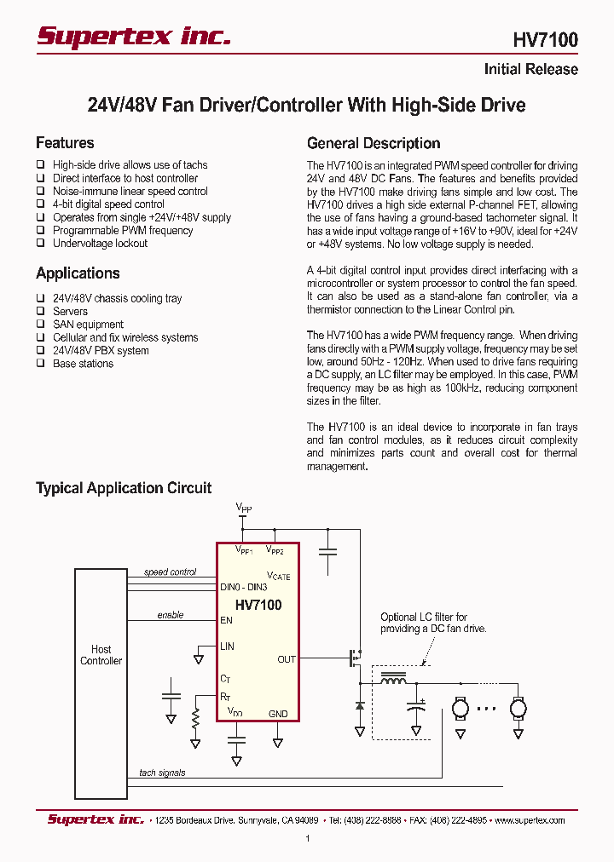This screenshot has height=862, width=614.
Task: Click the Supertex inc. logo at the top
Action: tap(133, 35)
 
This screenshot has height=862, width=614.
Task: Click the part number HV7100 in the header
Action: tap(545, 39)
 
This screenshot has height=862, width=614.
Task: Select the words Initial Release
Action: tap(530, 70)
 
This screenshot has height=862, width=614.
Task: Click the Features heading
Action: tap(65, 143)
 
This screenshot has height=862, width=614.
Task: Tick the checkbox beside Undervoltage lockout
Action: tap(40, 244)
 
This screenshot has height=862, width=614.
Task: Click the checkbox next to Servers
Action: tap(40, 312)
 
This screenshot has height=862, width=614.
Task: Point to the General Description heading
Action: tap(374, 143)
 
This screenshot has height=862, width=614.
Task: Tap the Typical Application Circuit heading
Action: tap(124, 488)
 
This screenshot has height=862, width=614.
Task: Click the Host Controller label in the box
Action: tap(101, 655)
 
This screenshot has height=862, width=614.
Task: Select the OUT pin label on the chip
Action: tap(287, 659)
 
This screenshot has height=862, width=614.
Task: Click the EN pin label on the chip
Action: tap(226, 620)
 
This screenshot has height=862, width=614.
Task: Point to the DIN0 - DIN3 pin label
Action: tap(243, 588)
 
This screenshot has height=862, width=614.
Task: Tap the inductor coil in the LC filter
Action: tap(393, 681)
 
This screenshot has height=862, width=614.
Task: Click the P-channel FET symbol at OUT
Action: tap(353, 658)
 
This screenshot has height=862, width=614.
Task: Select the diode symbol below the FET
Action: tap(359, 706)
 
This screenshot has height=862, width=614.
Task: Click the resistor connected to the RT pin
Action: tap(195, 717)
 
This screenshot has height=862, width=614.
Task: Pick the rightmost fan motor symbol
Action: tap(518, 707)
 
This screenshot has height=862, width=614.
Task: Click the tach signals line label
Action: tap(162, 773)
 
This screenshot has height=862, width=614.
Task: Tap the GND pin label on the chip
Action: tap(278, 714)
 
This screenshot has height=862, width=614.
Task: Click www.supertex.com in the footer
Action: tap(530, 820)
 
